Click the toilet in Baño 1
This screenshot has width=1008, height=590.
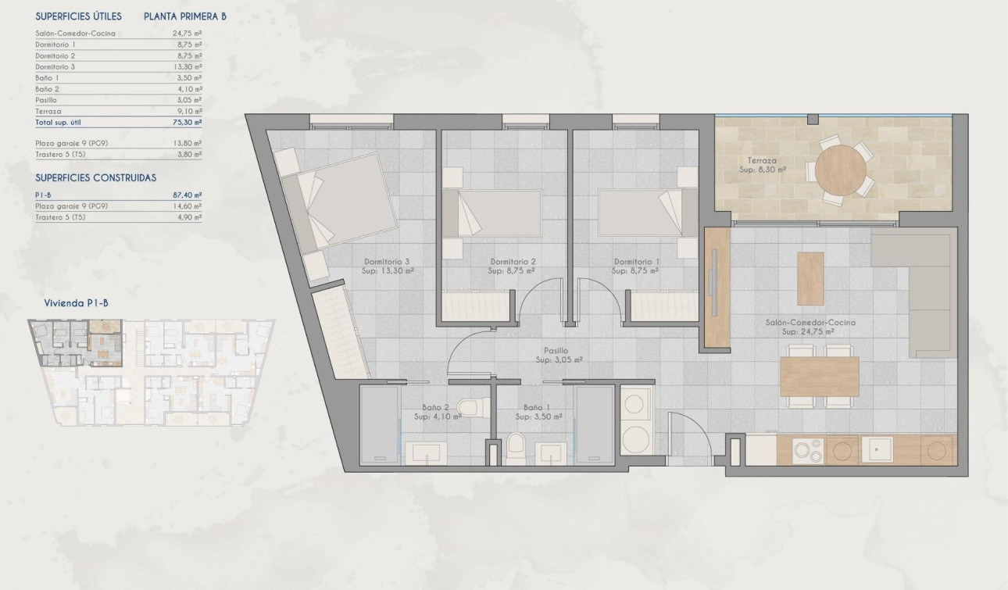coord(517,448)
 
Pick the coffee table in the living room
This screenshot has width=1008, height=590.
coord(810,278)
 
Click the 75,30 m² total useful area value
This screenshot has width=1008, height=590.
coord(187,123)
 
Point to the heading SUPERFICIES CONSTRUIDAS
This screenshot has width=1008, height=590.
coord(96,178)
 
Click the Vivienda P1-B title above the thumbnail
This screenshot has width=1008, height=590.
coord(75,303)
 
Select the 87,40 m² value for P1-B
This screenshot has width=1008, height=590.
coord(187,195)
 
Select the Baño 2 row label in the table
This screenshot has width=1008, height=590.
coord(47,89)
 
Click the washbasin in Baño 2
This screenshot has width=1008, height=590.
coord(427,454)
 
